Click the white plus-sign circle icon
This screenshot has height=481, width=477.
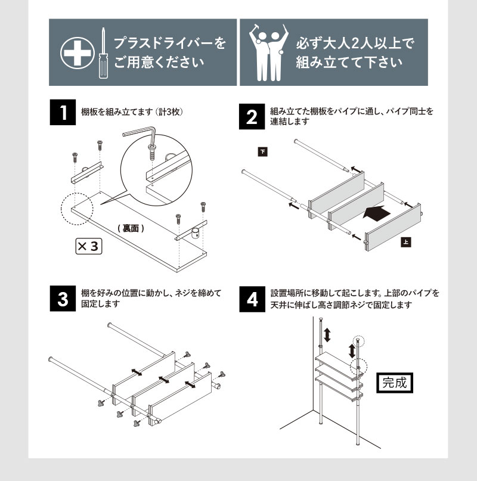tap(76, 52)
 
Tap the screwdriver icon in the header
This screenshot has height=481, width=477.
tap(103, 54)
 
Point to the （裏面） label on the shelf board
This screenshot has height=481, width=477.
tap(130, 228)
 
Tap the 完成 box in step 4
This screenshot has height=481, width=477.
tap(397, 381)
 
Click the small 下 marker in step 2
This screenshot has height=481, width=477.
tap(262, 151)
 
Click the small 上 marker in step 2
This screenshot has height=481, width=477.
tap(405, 243)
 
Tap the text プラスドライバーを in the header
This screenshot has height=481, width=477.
tap(169, 44)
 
